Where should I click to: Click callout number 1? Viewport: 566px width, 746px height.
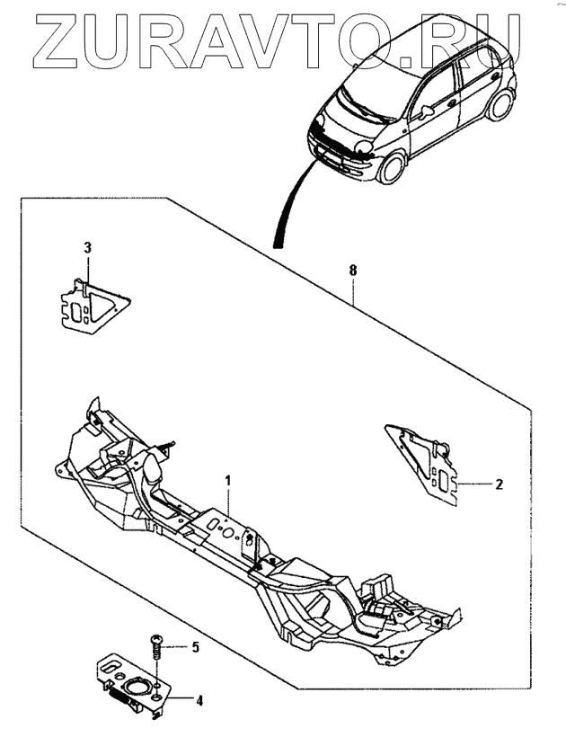click(228, 481)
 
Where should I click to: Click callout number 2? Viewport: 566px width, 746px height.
click(499, 484)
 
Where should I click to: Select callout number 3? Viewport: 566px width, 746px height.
click(87, 247)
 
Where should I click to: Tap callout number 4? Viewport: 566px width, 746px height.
click(199, 699)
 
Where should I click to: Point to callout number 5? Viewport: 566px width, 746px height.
click(195, 646)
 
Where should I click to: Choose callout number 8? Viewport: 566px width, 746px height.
click(353, 269)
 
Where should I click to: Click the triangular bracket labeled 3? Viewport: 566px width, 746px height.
click(90, 303)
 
